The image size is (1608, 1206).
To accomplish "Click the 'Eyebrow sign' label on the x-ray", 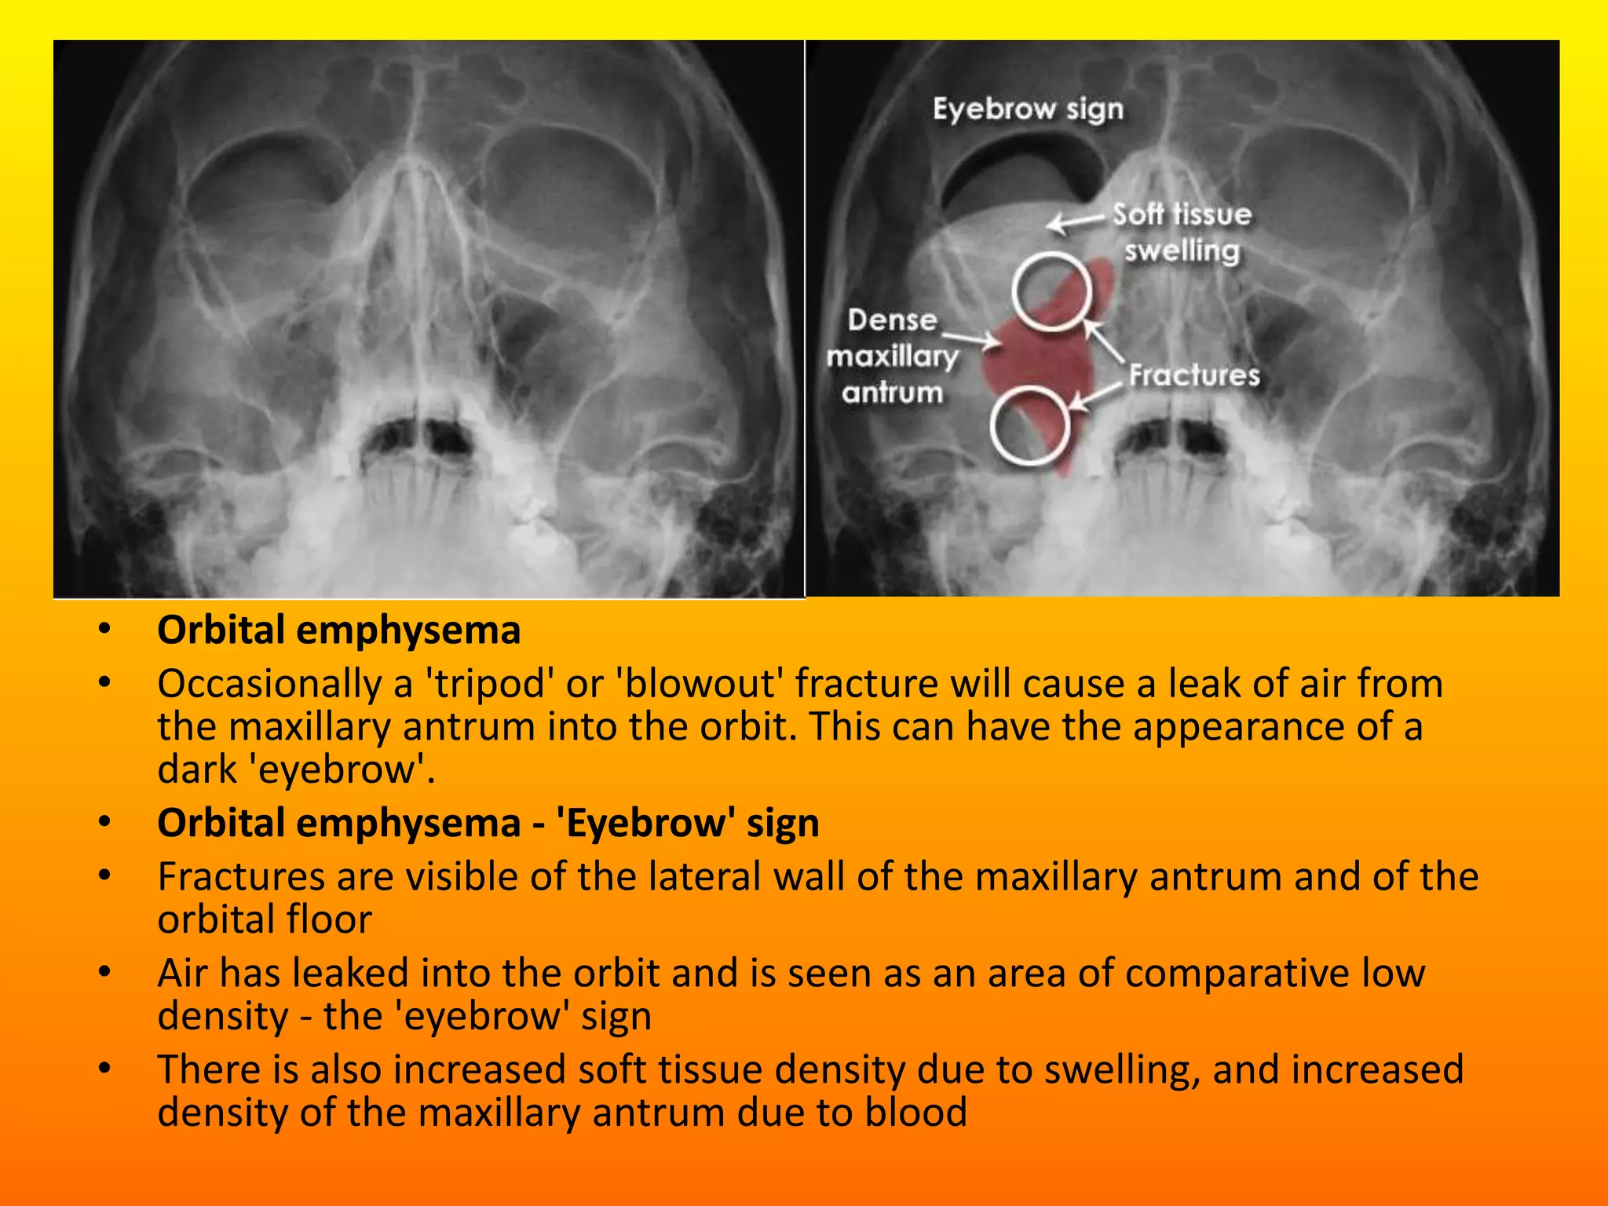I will [x=1028, y=109].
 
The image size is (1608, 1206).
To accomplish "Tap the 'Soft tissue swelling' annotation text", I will [x=1182, y=232].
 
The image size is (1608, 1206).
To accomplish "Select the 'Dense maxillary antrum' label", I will [x=893, y=356].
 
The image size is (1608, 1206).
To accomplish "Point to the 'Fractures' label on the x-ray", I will [x=1194, y=375].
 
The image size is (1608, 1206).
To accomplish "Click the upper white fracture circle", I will [x=1051, y=291].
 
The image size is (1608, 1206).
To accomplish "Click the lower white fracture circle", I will [x=1029, y=425].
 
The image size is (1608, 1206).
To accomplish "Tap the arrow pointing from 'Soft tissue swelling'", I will [x=1075, y=222].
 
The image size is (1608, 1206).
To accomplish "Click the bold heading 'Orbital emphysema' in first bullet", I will [x=338, y=630].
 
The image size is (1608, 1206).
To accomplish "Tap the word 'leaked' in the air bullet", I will [x=352, y=973].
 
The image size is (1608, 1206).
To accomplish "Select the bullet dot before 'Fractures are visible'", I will [x=104, y=876].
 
